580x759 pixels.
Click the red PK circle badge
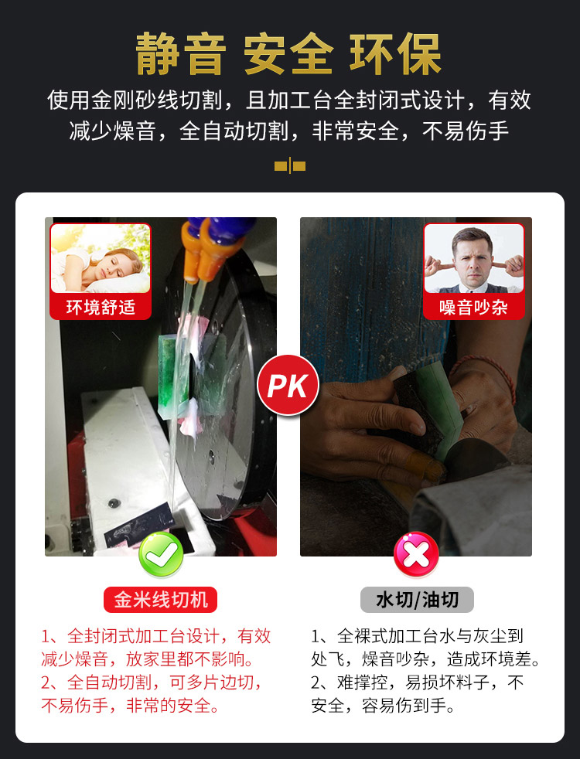288,386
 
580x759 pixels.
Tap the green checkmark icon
161,553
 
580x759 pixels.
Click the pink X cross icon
416,554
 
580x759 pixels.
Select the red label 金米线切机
160,601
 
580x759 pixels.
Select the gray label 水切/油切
417,601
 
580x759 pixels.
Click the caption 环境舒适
101,308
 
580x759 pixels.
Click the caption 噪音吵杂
473,308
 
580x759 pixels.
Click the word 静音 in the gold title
181,54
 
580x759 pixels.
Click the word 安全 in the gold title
288,54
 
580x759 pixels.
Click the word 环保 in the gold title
395,54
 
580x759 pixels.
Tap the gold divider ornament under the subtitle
290,166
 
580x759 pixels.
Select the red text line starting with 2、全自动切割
152,682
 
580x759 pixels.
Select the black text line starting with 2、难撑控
418,682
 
